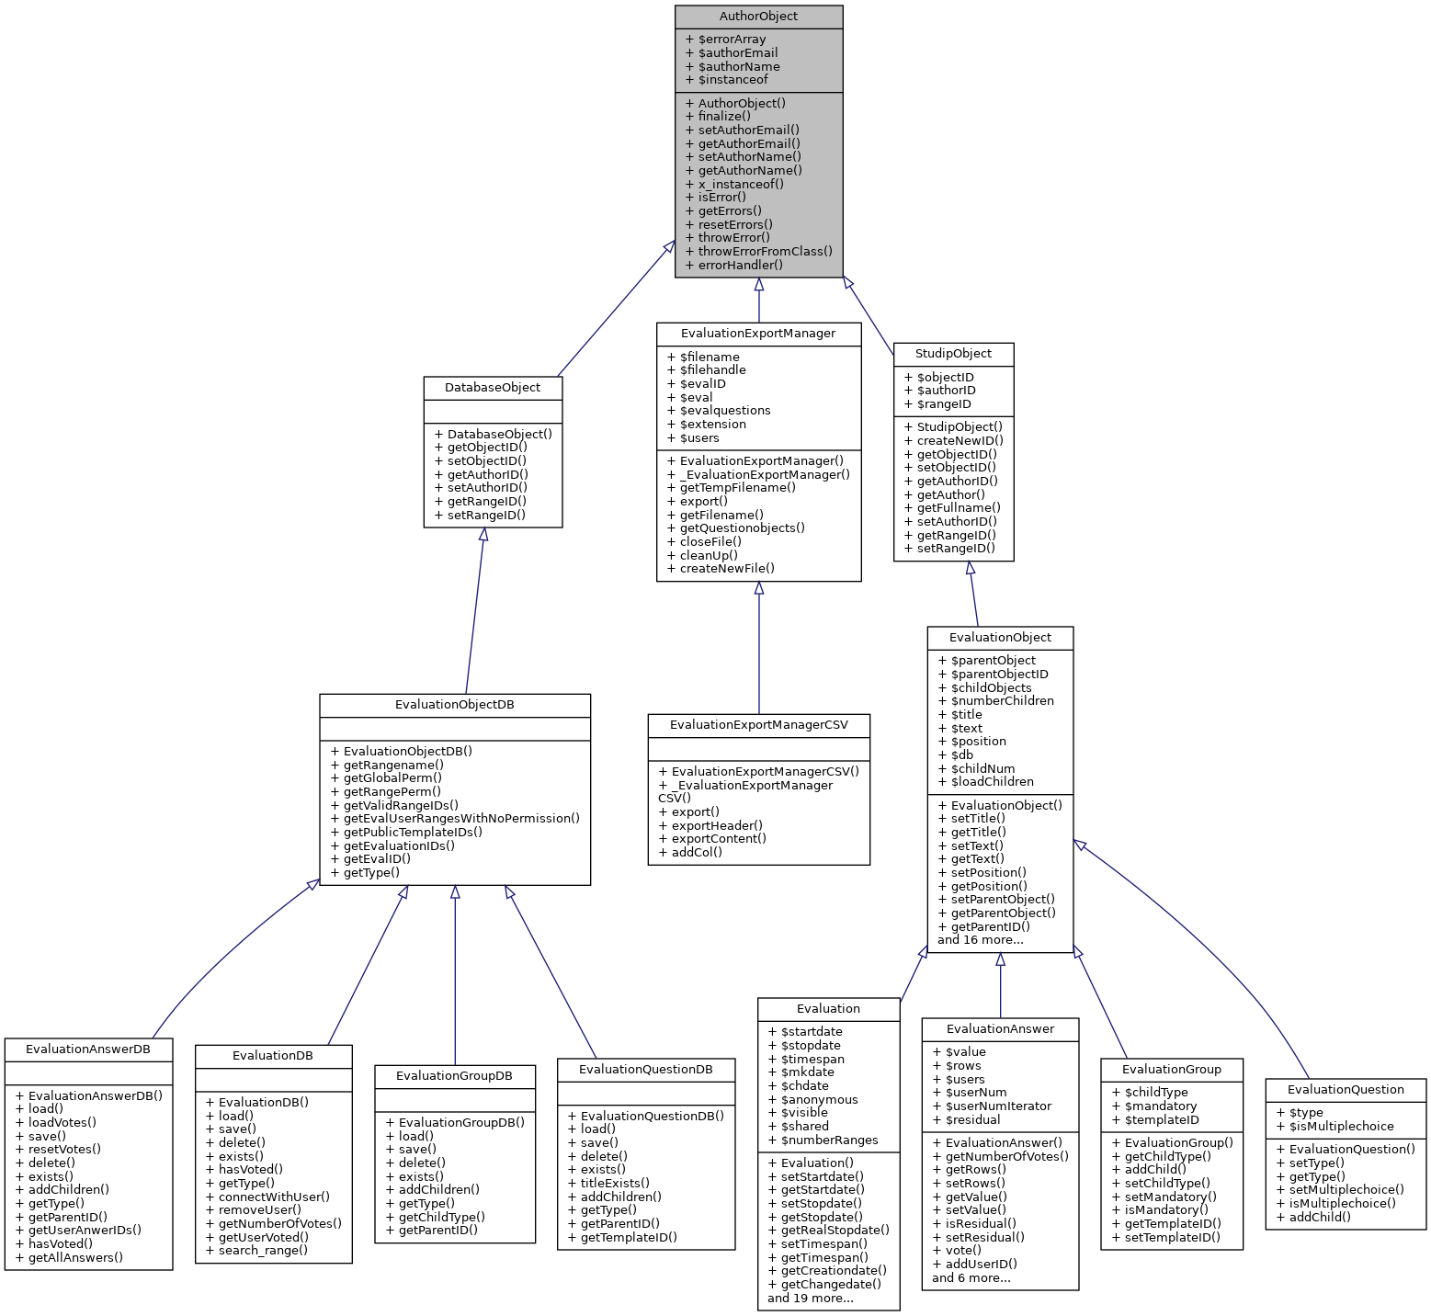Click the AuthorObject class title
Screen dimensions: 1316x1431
pos(758,17)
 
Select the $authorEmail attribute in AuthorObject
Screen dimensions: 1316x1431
pos(737,53)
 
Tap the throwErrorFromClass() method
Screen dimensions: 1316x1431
pos(765,252)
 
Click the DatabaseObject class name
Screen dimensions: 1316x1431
pos(493,388)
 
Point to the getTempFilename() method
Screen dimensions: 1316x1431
pos(737,488)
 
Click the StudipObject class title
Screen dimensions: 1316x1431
pos(953,354)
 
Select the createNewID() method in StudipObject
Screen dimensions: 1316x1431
pos(960,441)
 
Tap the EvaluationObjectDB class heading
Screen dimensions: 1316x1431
pos(454,706)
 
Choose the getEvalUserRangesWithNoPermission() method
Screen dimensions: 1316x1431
pos(461,819)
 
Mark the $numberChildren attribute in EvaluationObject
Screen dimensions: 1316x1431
pos(1002,701)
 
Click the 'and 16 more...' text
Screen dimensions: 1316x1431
pos(980,940)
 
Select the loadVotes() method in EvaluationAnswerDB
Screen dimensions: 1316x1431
pos(62,1123)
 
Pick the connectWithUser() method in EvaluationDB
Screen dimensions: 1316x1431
pos(273,1197)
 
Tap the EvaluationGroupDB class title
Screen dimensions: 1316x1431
pos(454,1076)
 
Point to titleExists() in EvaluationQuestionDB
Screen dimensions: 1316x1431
pos(614,1184)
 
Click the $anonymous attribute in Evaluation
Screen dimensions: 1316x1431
pos(819,1100)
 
